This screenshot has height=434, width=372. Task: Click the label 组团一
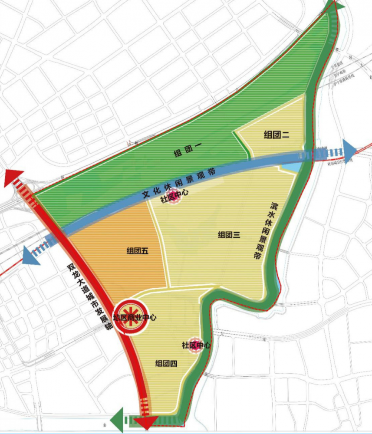point(185,152)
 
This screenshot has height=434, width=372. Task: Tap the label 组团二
point(277,135)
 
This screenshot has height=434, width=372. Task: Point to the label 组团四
point(166,364)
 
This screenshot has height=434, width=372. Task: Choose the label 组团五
point(138,250)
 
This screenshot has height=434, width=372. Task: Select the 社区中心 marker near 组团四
point(196,345)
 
